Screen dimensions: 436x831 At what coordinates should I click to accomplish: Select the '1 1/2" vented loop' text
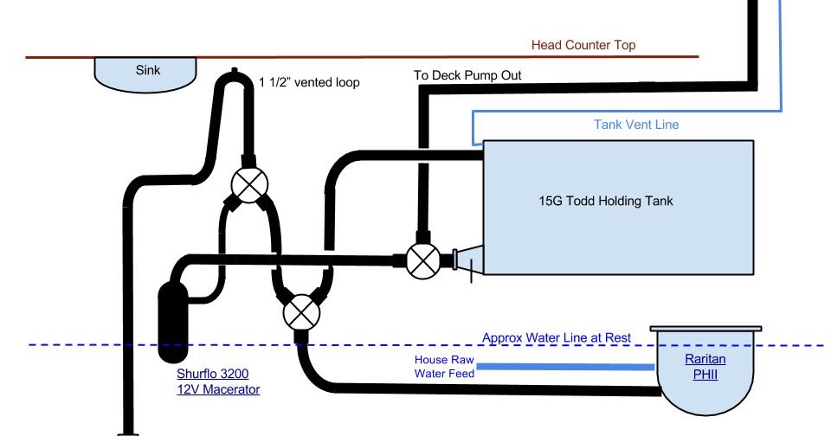(309, 83)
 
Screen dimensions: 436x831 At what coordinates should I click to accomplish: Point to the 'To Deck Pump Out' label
(467, 75)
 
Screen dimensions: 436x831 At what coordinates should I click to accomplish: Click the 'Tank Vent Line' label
(636, 125)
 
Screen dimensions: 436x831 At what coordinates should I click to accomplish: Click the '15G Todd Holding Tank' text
(605, 202)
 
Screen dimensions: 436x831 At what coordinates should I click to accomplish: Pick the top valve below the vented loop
(248, 183)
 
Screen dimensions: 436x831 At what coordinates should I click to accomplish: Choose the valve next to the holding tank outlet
(422, 260)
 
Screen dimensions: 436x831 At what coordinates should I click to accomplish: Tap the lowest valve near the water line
(300, 311)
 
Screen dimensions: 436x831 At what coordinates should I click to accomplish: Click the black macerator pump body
(174, 321)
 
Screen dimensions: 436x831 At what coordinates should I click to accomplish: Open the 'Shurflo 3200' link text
(213, 375)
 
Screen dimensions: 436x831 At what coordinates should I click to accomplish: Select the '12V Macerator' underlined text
(218, 390)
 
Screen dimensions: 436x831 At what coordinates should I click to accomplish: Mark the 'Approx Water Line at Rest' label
(557, 338)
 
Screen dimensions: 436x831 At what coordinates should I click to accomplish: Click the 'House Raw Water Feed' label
(443, 367)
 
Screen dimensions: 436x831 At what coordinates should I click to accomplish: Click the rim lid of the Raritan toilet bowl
(706, 330)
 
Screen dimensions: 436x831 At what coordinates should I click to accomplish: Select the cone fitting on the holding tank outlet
(467, 260)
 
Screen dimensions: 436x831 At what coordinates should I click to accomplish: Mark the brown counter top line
(346, 57)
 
